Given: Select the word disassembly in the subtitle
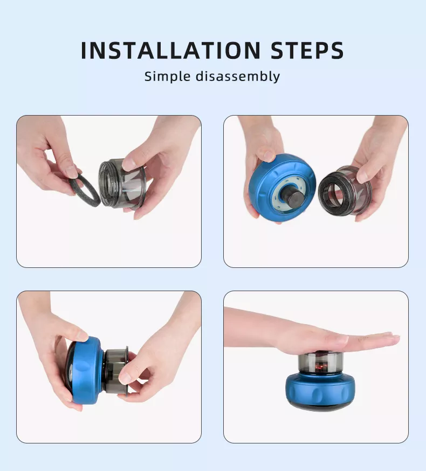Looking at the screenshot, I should [238, 76].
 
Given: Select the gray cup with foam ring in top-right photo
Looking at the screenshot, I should [345, 192].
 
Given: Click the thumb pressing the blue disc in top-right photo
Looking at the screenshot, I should [268, 155].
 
